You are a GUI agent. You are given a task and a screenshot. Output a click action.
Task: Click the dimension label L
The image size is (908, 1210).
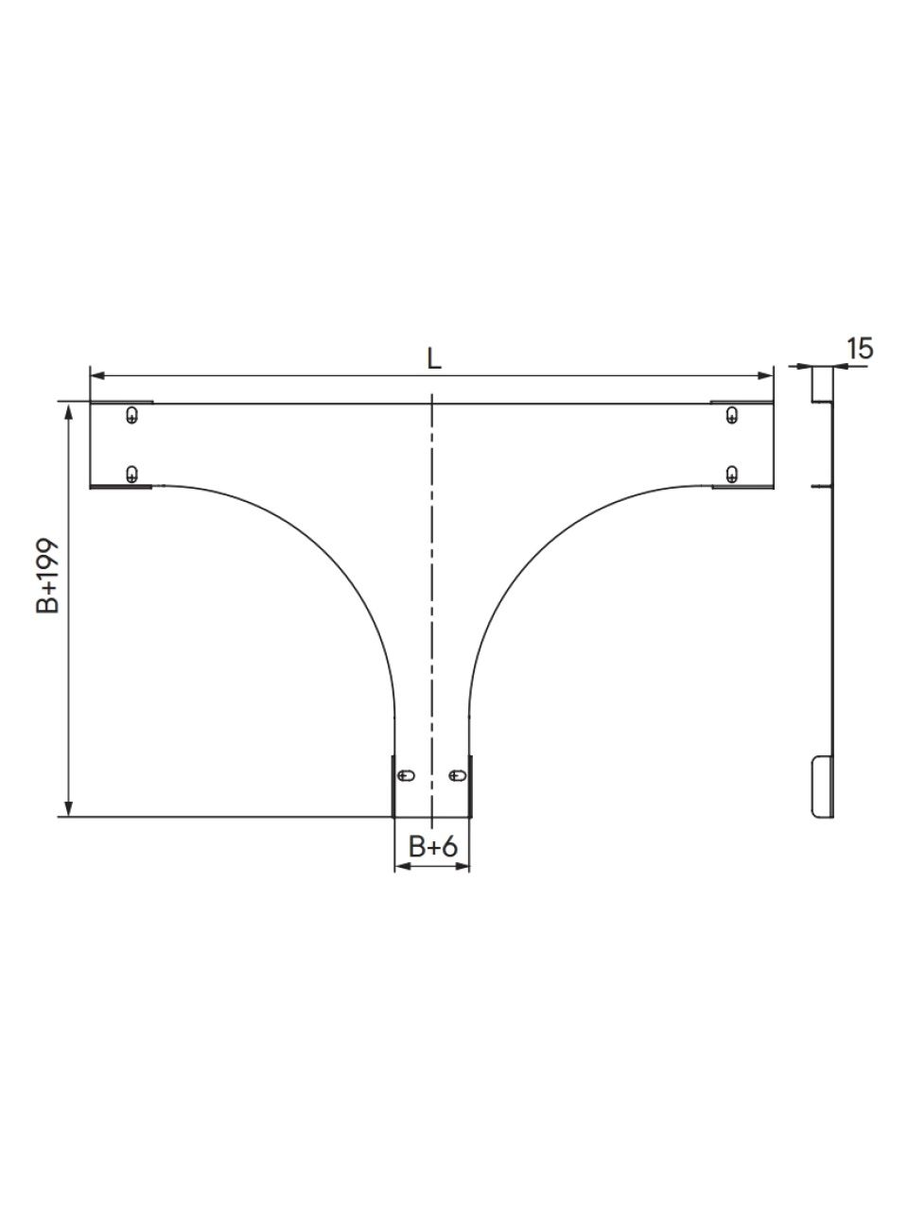pos(434,360)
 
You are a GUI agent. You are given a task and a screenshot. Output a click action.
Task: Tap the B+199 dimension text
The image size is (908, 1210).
pos(47,576)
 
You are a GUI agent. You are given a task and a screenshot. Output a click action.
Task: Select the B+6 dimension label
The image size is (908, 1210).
pos(433,847)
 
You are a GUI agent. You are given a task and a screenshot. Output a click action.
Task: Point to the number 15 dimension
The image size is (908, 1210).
pos(860,349)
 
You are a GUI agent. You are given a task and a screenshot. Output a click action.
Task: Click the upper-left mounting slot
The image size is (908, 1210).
pos(131,415)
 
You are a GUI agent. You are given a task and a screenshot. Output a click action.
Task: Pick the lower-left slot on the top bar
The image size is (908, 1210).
pos(131,474)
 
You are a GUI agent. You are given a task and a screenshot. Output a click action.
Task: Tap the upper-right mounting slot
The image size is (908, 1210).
pos(731,415)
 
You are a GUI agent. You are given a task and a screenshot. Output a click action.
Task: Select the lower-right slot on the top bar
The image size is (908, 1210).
pos(731,474)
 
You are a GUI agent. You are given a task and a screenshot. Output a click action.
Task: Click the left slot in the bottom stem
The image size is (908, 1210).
pos(407,775)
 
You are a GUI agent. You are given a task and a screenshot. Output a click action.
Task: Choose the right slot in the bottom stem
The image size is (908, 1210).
pos(458,775)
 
